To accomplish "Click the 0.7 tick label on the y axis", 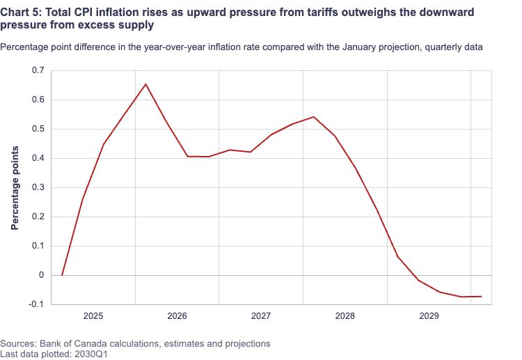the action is click(38, 70).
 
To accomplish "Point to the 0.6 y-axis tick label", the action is click(38, 100).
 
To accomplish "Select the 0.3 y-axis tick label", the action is click(38, 187).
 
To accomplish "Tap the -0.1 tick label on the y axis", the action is click(36, 304).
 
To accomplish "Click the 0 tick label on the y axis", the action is click(41, 275).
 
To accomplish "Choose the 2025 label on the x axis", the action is click(93, 315).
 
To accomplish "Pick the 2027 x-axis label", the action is click(261, 315).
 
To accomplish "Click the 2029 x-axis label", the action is click(429, 315).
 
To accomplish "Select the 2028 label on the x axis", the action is click(345, 315).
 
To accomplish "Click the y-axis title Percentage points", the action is click(15, 188).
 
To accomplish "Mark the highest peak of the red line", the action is click(146, 84).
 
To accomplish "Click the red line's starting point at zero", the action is click(62, 275).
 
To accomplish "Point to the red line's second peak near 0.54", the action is click(314, 117).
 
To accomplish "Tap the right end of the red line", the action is click(482, 297).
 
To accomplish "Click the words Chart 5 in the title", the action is click(21, 13).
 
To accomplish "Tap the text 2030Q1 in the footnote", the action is click(91, 354).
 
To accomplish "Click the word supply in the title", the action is click(139, 25).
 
